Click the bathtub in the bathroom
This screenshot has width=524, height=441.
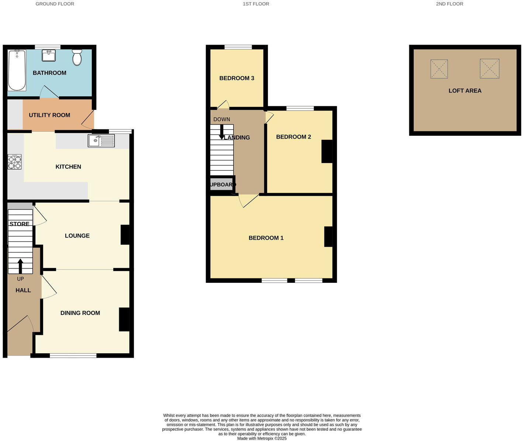click(17, 70)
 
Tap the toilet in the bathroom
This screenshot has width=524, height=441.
click(77, 58)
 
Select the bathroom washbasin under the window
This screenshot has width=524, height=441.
click(49, 56)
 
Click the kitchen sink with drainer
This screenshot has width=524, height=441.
click(101, 140)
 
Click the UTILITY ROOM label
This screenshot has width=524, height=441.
click(49, 115)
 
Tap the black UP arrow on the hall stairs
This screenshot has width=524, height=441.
click(20, 266)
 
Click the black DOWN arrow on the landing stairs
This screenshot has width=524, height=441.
click(221, 132)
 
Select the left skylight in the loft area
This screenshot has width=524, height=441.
click(439, 69)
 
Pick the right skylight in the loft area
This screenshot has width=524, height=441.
click(489, 69)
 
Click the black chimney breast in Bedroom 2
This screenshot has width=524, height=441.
click(327, 151)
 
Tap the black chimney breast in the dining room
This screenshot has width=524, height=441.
click(124, 319)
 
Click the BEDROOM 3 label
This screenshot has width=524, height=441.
click(237, 78)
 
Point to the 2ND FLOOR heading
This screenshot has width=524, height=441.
click(449, 4)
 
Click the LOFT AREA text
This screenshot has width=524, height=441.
click(465, 91)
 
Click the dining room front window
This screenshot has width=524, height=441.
click(73, 355)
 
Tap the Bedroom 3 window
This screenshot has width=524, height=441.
click(238, 47)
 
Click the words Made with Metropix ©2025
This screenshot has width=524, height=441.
click(262, 438)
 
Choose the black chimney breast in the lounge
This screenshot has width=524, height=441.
click(125, 235)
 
